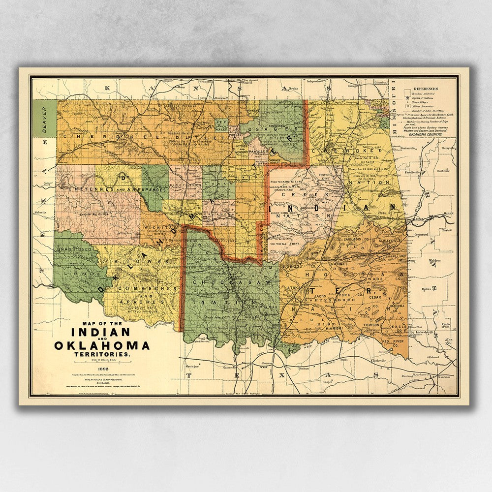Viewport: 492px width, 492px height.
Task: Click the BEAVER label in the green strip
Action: [x=44, y=117]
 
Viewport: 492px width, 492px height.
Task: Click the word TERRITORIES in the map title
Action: [x=102, y=354]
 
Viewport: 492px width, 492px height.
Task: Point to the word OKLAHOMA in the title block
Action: [x=102, y=345]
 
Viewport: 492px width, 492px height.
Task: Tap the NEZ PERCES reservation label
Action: [x=222, y=125]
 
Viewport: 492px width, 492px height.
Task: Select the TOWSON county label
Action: [x=372, y=325]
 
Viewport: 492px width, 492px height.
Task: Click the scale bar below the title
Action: [x=102, y=363]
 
